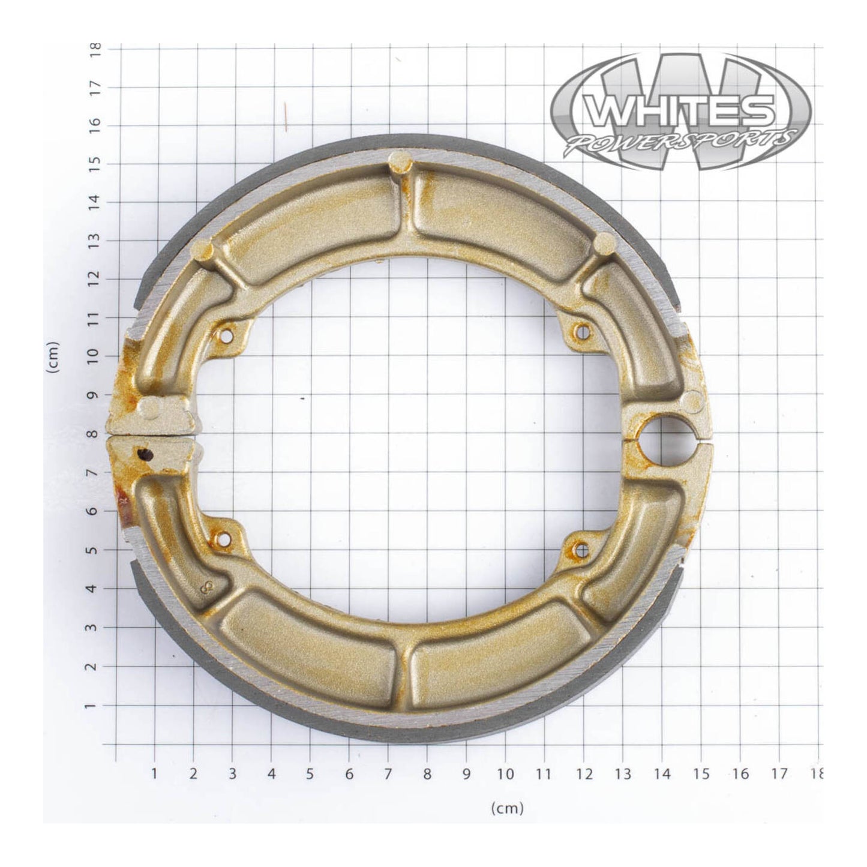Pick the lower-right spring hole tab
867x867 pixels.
coord(580,548)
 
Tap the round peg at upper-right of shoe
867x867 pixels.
coord(604,242)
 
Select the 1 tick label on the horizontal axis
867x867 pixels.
coord(154,773)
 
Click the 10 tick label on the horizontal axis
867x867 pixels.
coord(506,773)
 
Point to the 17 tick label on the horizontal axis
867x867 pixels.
coord(779,773)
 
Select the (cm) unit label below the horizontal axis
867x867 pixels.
coord(507,808)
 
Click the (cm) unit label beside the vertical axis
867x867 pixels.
coord(55,358)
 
